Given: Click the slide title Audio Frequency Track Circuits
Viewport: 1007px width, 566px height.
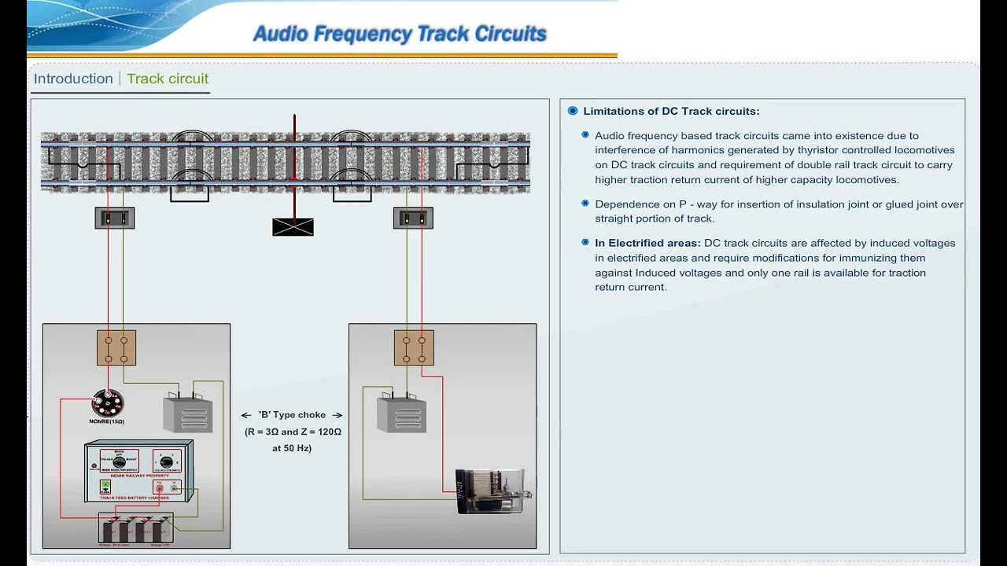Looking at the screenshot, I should pos(400,34).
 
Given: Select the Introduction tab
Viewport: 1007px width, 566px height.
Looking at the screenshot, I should pos(73,79).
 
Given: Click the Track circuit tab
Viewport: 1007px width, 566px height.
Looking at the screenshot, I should pos(168,79).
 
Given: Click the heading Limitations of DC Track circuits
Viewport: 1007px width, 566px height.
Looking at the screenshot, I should pos(671,111).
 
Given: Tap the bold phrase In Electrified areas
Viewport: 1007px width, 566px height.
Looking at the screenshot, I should pos(647,243).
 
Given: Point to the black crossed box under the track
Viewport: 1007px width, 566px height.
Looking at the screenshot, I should pos(293,227).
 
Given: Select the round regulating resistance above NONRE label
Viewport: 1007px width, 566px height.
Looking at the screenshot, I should pos(107,403).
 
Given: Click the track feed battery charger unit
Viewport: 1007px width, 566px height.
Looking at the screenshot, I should pos(138,472).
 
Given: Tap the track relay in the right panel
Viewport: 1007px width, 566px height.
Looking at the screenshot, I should pos(492,491).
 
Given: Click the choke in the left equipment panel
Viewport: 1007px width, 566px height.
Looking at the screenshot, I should pos(187,413).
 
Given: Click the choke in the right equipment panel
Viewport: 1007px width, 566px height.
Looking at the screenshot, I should pos(401,414).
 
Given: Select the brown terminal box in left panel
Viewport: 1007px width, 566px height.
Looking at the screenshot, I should pos(116,347).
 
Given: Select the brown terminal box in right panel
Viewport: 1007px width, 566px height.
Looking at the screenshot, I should pos(414,347).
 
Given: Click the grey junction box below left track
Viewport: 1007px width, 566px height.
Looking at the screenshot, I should pos(115,218).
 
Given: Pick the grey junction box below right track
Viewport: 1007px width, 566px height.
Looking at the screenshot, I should pos(413,218).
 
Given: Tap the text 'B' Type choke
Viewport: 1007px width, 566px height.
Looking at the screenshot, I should pos(292,415).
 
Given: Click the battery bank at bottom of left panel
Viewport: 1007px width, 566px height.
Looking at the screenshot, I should pos(135,529).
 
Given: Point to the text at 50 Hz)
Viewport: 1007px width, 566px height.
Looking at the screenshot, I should pos(292,448).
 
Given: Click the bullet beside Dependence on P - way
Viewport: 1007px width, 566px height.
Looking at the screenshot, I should pos(585,203).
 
